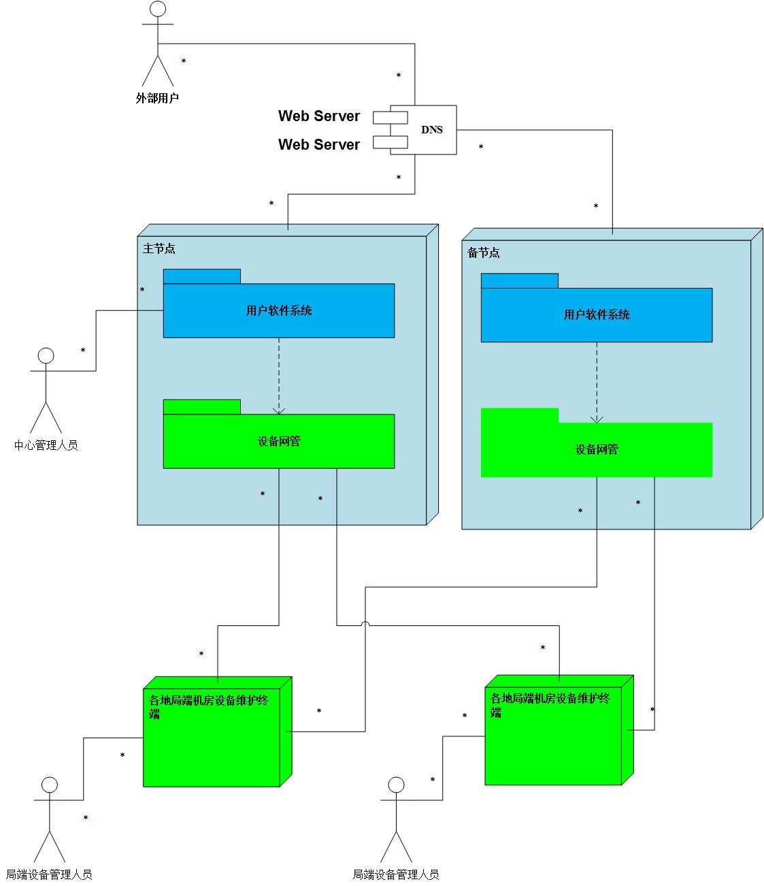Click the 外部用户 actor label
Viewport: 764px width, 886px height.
157,98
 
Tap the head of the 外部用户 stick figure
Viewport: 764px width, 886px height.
158,10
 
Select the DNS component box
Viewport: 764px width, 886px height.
431,130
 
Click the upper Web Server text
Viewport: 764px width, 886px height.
318,116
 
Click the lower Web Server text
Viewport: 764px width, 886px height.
318,145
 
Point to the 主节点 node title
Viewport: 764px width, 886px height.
159,249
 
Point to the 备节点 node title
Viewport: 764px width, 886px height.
484,253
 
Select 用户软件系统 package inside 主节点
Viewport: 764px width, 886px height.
279,311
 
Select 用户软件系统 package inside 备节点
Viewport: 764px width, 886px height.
597,315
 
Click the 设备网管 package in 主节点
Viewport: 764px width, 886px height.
279,442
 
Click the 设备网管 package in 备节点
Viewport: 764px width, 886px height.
597,450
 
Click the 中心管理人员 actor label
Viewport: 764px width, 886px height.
46,446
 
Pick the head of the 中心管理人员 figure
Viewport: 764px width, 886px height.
46,356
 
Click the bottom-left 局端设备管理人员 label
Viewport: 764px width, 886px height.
49,875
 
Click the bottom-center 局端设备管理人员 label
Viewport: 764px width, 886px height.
396,875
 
